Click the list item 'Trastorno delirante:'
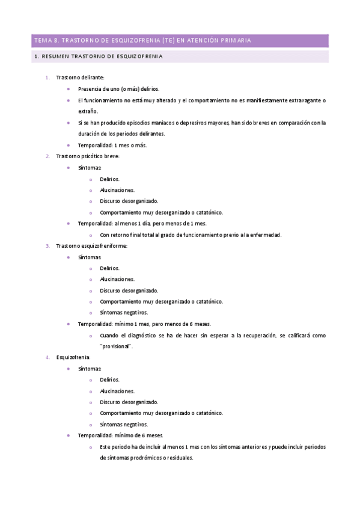(x=80, y=78)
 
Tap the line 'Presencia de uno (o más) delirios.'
(x=118, y=89)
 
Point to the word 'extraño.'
(x=88, y=111)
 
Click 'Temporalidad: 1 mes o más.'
(x=112, y=145)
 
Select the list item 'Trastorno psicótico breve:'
(x=88, y=156)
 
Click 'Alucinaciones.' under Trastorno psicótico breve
(x=117, y=190)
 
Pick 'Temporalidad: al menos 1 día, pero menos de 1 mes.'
(x=142, y=224)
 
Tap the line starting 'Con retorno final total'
(x=190, y=235)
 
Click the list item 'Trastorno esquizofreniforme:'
(x=91, y=246)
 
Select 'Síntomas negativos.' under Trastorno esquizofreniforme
(x=124, y=313)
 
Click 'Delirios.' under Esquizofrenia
(x=110, y=380)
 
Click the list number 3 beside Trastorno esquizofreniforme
(x=48, y=246)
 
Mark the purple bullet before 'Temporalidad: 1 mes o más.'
(x=70, y=145)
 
